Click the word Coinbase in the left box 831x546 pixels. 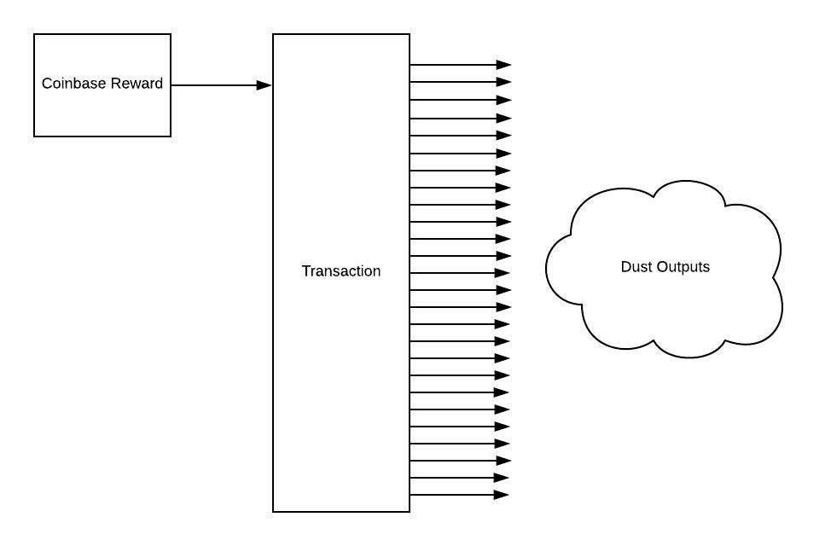coord(73,84)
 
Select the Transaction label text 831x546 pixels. coord(341,271)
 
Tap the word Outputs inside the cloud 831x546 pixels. coord(683,267)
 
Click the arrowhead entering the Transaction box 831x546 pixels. coord(264,85)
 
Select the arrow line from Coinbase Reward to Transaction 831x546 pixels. coord(218,85)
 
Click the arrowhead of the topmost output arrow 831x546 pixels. coord(504,65)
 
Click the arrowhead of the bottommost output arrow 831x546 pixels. coord(503,495)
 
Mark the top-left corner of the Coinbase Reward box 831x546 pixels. coord(34,34)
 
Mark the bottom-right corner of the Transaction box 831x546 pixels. coord(410,512)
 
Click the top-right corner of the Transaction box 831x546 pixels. coord(410,34)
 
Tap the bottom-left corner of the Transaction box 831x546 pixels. coord(273,512)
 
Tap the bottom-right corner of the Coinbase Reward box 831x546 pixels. coord(171,136)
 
